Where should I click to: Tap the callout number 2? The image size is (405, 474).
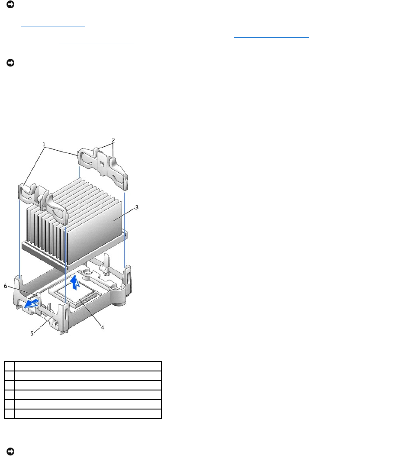pos(113,140)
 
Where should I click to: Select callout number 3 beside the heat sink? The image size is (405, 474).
pos(137,207)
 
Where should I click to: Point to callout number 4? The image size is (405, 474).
pos(102,327)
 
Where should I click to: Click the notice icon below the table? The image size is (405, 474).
pos(10,451)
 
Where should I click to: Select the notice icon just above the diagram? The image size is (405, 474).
pos(10,63)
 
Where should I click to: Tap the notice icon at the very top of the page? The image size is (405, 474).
pos(10,4)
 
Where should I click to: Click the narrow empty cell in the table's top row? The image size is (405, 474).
pos(10,366)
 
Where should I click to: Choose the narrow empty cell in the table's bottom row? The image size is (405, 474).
pos(10,414)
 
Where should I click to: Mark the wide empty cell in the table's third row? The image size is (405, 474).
pos(88,385)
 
